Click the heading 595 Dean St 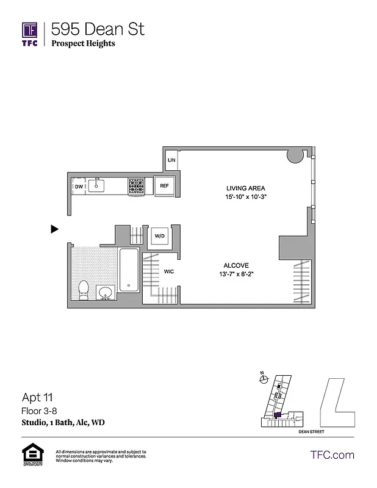[x=98, y=29]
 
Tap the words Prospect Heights [x=83, y=43]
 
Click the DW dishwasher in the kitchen [x=79, y=187]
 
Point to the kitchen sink [x=97, y=185]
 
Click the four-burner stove [x=136, y=186]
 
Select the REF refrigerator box [x=164, y=186]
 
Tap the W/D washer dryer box [x=159, y=235]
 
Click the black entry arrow [x=55, y=229]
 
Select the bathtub [x=129, y=270]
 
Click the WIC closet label [x=168, y=271]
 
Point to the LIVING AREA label [x=245, y=188]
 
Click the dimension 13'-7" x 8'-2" [x=235, y=274]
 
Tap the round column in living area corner [x=296, y=156]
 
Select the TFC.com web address [x=332, y=454]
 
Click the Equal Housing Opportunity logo [x=30, y=455]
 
